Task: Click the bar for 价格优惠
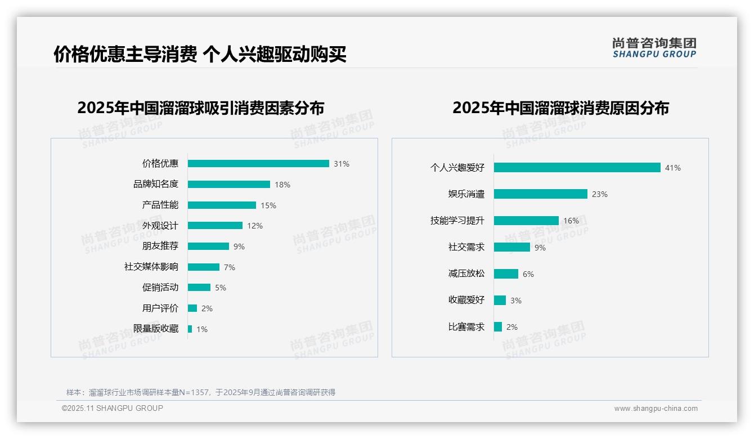(258, 164)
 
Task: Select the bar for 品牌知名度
(229, 185)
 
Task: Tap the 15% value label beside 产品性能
(268, 205)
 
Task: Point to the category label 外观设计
(160, 226)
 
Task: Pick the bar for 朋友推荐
(208, 247)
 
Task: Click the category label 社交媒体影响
(151, 267)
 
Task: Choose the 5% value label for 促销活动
(221, 288)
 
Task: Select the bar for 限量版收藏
(190, 329)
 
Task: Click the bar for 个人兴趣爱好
(577, 168)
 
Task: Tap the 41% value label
(673, 168)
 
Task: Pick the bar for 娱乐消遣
(541, 194)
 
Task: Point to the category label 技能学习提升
(457, 221)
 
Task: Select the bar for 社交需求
(512, 247)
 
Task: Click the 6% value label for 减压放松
(528, 274)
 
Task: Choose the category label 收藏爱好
(466, 300)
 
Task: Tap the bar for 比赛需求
(498, 326)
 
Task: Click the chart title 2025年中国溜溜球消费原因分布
(560, 107)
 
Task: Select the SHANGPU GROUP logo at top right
(654, 48)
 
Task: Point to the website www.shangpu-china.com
(656, 409)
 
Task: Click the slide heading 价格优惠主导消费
(125, 54)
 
